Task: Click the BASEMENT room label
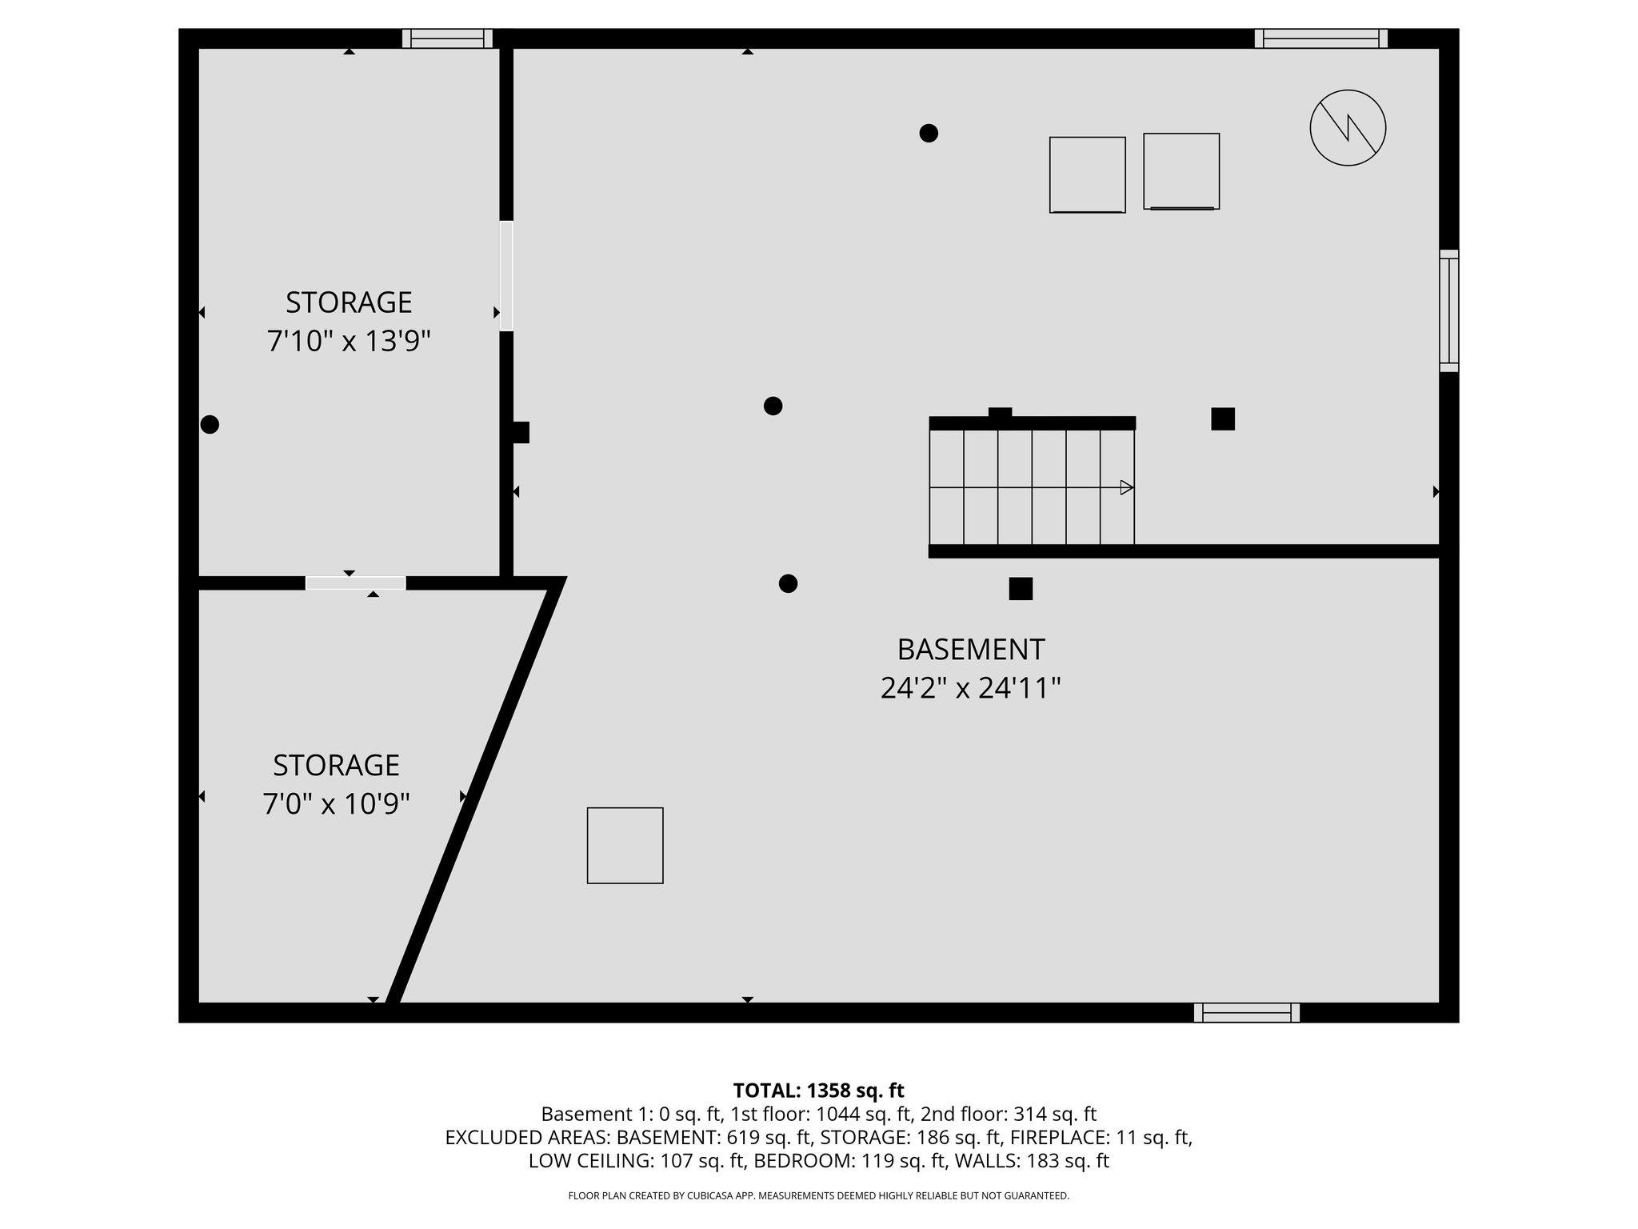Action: pos(970,650)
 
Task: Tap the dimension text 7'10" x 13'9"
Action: pos(349,342)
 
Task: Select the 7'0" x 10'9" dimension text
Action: pos(336,803)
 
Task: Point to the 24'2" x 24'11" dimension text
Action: pos(970,688)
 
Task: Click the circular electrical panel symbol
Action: pos(1348,128)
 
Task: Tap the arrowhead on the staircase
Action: pos(1126,487)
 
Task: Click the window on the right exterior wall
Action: pos(1448,310)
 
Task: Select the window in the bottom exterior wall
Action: pos(1246,1013)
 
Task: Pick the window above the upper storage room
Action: pos(447,38)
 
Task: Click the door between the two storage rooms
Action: pos(356,583)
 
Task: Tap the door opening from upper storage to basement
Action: pos(506,276)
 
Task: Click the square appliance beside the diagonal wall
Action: pos(625,846)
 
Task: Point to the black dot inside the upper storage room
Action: pos(210,425)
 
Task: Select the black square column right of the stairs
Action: pos(1222,419)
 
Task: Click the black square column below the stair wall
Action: pos(1021,589)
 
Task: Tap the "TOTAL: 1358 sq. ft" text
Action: pos(818,1091)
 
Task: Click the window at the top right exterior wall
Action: pos(1320,38)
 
